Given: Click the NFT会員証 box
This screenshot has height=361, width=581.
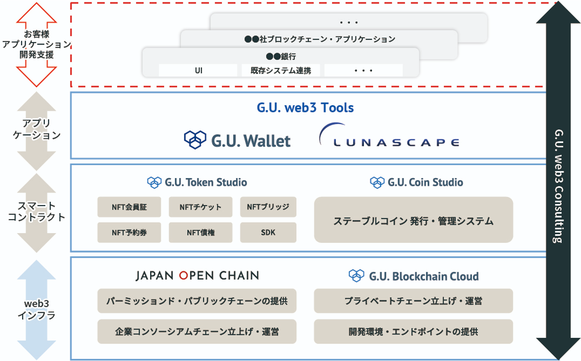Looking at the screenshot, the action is (x=129, y=207).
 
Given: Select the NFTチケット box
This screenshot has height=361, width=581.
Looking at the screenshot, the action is (x=200, y=207).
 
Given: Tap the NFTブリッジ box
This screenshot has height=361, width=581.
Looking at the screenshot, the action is (x=268, y=207).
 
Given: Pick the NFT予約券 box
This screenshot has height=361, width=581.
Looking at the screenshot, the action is (x=129, y=232).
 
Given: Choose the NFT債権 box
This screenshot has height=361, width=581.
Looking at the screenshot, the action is (x=200, y=232).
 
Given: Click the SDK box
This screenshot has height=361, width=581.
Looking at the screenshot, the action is (x=268, y=232).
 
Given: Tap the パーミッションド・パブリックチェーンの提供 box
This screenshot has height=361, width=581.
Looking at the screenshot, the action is (x=197, y=301).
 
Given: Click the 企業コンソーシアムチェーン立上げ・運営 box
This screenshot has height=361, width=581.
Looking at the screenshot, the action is (x=197, y=332).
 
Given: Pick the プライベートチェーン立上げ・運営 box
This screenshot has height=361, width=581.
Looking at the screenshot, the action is (x=413, y=301).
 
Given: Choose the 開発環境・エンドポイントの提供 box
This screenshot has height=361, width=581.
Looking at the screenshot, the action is (x=413, y=332).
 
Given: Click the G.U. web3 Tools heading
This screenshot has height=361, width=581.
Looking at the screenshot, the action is (x=305, y=107).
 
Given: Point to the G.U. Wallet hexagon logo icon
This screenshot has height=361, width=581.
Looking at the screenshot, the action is (x=195, y=139).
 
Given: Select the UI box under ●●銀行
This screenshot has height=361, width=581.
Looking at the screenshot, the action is (x=198, y=70).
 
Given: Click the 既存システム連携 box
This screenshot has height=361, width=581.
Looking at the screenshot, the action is (x=280, y=70).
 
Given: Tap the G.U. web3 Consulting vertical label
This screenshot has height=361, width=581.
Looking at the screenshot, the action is (x=558, y=186).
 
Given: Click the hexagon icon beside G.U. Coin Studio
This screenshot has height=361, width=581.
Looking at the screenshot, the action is (x=377, y=182).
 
